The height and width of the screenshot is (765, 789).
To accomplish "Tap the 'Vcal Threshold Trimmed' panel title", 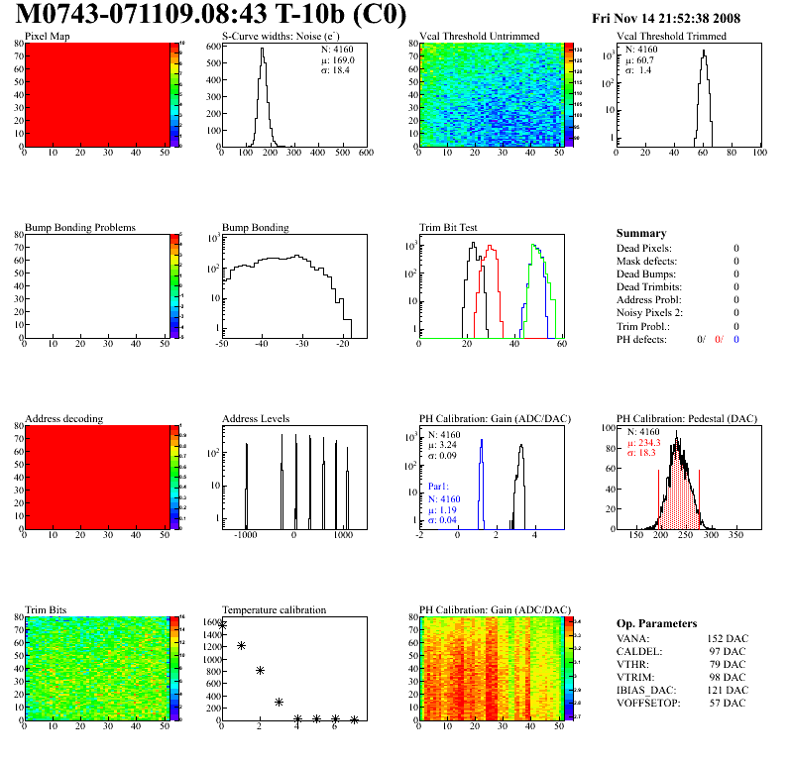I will pyautogui.click(x=671, y=37).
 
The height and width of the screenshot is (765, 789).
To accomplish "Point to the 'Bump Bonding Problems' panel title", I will pyautogui.click(x=80, y=228).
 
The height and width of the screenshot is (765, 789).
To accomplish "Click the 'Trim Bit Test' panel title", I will pyautogui.click(x=448, y=228).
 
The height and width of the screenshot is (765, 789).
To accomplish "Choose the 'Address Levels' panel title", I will pyautogui.click(x=256, y=419).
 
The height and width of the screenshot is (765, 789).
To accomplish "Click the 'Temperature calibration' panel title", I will pyautogui.click(x=274, y=610).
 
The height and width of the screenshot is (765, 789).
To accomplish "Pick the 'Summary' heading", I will pyautogui.click(x=641, y=233).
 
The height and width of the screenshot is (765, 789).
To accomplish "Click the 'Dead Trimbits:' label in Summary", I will pyautogui.click(x=650, y=287).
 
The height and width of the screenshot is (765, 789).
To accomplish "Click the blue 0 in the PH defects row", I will pyautogui.click(x=737, y=340).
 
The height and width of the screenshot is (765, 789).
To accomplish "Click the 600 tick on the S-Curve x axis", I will pyautogui.click(x=365, y=154).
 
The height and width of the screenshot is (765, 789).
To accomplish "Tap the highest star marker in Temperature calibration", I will pyautogui.click(x=222, y=624).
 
